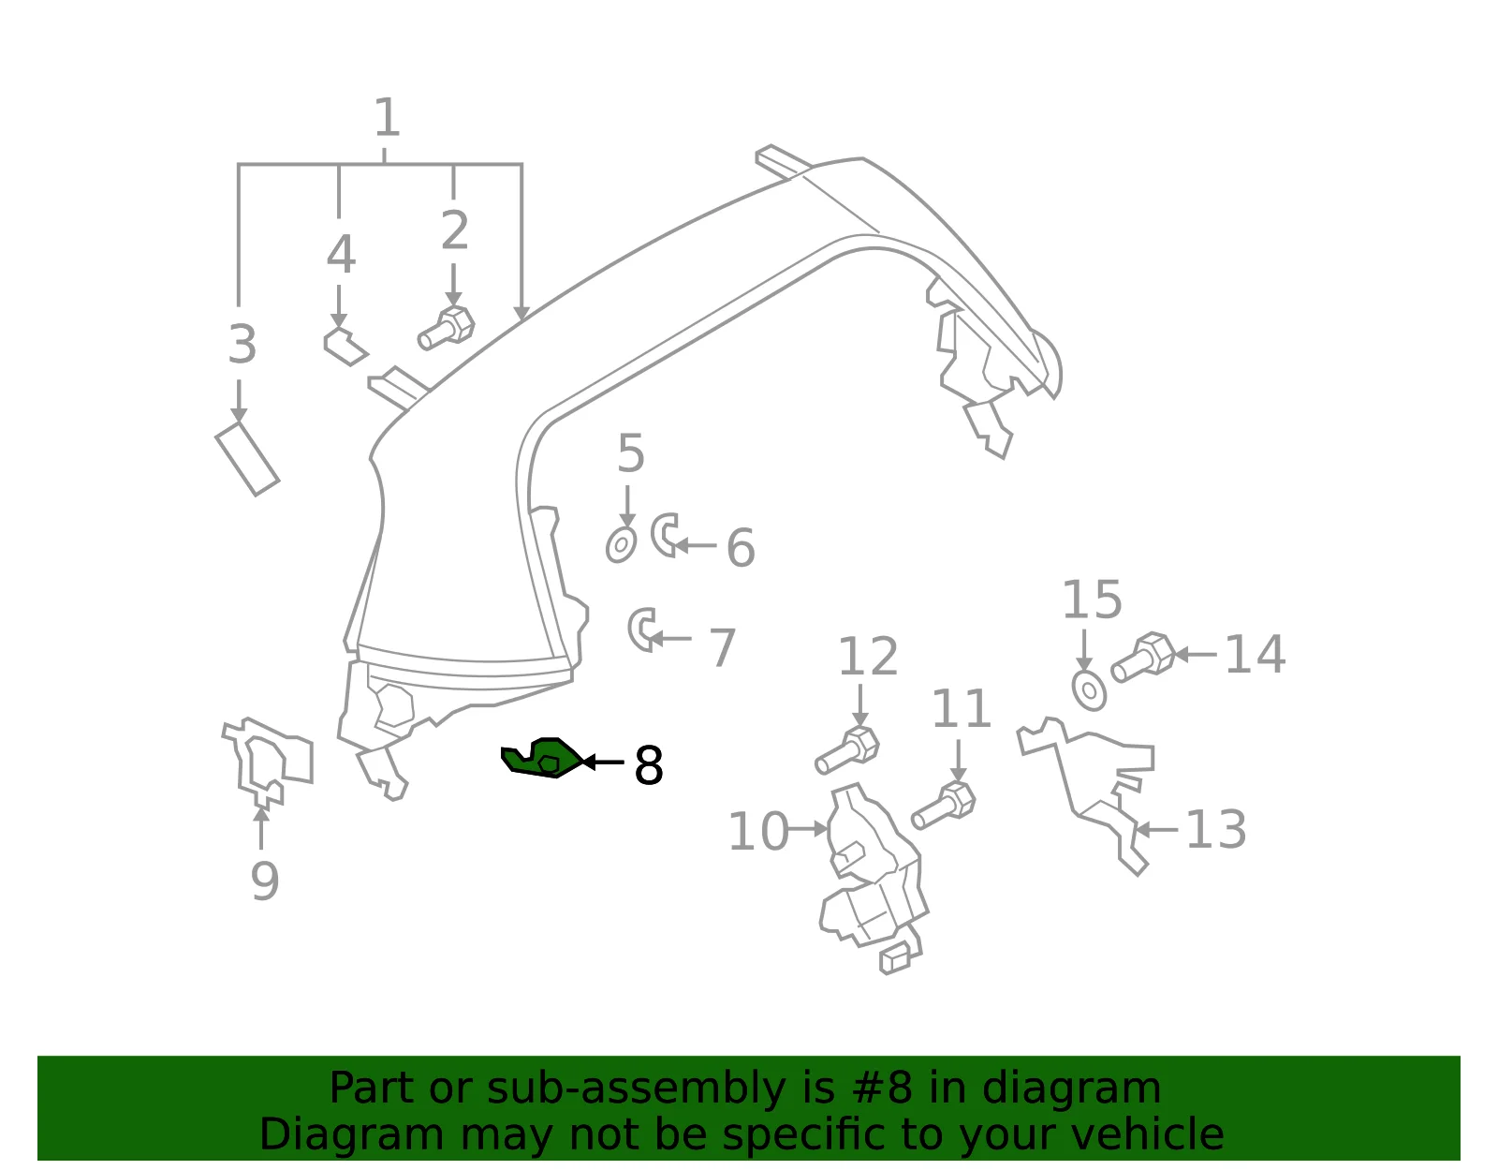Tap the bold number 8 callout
pyautogui.click(x=648, y=765)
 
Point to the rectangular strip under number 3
pyautogui.click(x=247, y=458)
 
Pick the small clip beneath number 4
pyautogui.click(x=345, y=347)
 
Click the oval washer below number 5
pyautogui.click(x=621, y=545)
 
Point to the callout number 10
pyautogui.click(x=757, y=831)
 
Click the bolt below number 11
pyautogui.click(x=943, y=806)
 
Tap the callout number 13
pyautogui.click(x=1216, y=829)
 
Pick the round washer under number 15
pyautogui.click(x=1089, y=689)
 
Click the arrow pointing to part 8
pyautogui.click(x=603, y=762)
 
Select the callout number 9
pyautogui.click(x=265, y=881)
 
